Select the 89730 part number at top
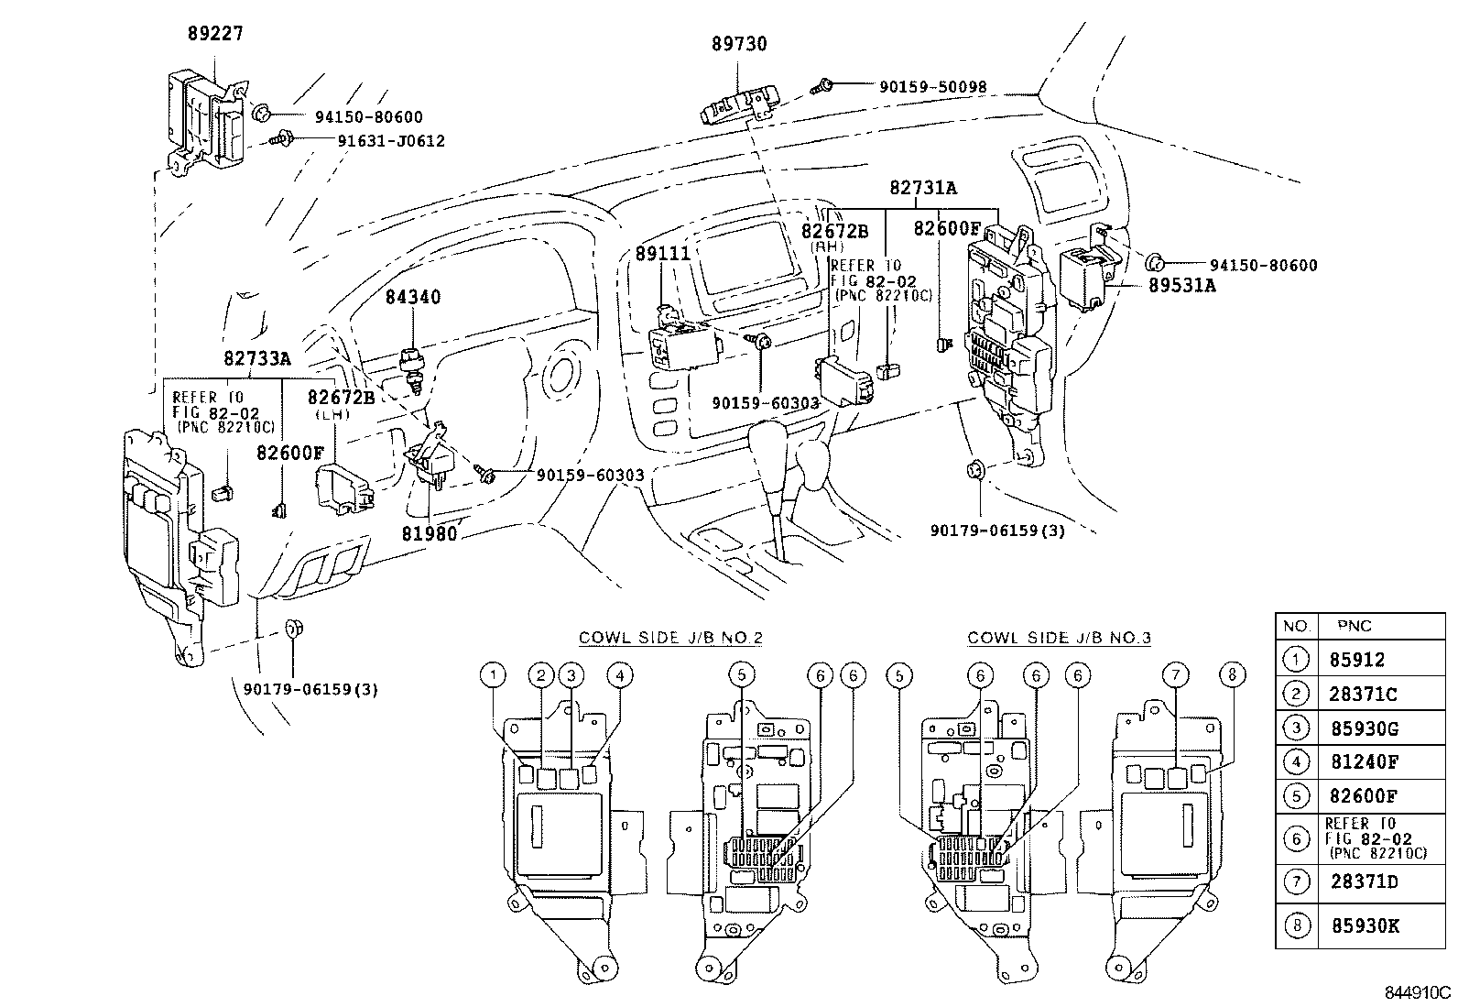coord(738,44)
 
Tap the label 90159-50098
coord(932,88)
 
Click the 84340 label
coord(412,298)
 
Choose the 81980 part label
coord(429,532)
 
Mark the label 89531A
coord(1182,285)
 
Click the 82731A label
coord(922,188)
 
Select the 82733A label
coord(256,358)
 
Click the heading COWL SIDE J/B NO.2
coord(670,638)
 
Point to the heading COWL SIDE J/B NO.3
coord(1059,638)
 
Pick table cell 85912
coord(1356,660)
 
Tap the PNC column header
coord(1354,627)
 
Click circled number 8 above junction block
coord(1232,676)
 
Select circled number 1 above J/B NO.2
coord(493,676)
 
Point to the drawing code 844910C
coord(1417,991)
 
